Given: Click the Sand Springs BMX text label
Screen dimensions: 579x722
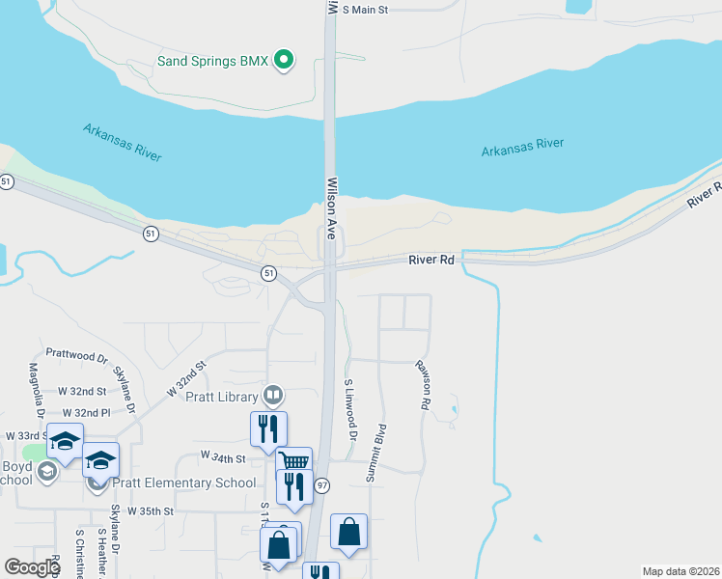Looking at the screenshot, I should click(212, 61).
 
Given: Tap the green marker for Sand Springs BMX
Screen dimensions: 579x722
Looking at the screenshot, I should click(283, 61).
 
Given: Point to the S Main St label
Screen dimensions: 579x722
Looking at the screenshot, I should click(364, 10).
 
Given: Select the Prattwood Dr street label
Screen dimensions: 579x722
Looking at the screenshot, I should click(76, 357).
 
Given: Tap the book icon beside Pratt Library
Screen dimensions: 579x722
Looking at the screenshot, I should click(274, 396).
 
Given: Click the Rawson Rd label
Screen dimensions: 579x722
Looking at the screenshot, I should click(423, 385).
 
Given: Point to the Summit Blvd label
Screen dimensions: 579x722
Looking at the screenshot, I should click(375, 453).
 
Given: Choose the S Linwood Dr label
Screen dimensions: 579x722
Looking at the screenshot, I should click(350, 411).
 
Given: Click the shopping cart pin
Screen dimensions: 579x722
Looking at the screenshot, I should click(293, 461).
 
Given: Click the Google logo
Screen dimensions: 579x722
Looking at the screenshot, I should click(33, 567).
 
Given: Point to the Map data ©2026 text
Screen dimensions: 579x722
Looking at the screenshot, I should click(680, 571).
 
